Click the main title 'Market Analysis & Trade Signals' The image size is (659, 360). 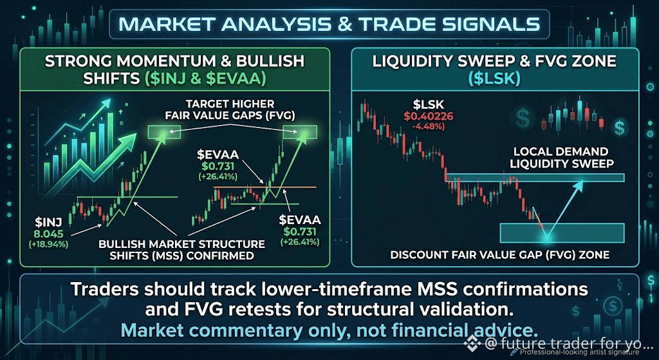coord(329,24)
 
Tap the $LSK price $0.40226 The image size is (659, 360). coord(429,117)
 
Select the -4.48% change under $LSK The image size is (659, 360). coord(429,126)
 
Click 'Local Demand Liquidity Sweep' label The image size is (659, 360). coord(561,157)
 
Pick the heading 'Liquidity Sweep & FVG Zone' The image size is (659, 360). coord(495,61)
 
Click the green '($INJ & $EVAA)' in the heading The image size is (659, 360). coord(205,79)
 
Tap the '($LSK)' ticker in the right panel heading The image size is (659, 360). coord(495,79)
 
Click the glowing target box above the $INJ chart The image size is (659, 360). coord(164,133)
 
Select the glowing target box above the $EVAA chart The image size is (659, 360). coord(300,133)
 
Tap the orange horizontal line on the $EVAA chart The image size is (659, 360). coord(265,186)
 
